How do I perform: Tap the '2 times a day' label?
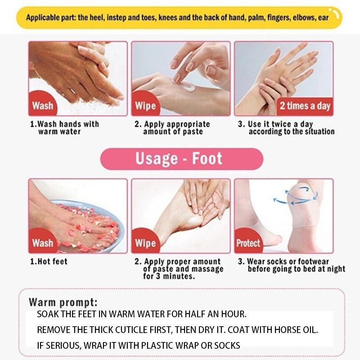pyautogui.click(x=305, y=106)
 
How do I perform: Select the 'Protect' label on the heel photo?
pyautogui.click(x=248, y=243)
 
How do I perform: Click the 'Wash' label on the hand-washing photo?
pyautogui.click(x=42, y=106)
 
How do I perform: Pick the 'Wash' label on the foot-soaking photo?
pyautogui.click(x=42, y=243)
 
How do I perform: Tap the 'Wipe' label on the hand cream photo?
pyautogui.click(x=145, y=106)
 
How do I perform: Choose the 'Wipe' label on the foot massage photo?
pyautogui.click(x=145, y=243)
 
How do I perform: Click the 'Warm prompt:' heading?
pyautogui.click(x=63, y=302)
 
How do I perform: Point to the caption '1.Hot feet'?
pyautogui.click(x=49, y=261)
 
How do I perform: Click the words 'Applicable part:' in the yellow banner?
pyautogui.click(x=51, y=18)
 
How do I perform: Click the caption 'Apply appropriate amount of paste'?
pyautogui.click(x=173, y=128)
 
